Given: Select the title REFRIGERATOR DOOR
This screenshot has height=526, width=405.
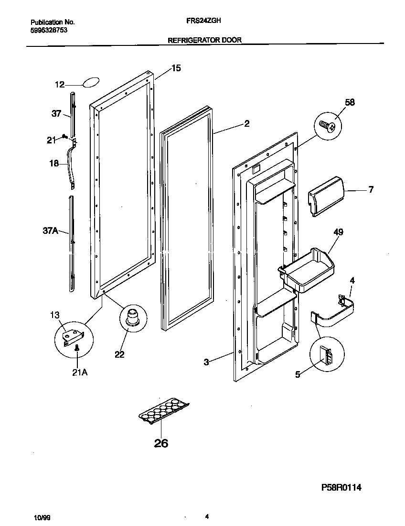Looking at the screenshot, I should point(204,41).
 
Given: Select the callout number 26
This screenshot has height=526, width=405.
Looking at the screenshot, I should point(161,443).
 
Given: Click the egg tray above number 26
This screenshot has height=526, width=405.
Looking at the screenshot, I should point(163,409).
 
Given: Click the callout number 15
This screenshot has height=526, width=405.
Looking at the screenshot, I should point(176,68).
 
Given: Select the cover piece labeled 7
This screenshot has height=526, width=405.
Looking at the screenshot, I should point(326,195).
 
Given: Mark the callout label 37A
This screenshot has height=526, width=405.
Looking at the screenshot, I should point(50,231).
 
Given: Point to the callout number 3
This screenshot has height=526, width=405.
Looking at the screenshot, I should point(206,362).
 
